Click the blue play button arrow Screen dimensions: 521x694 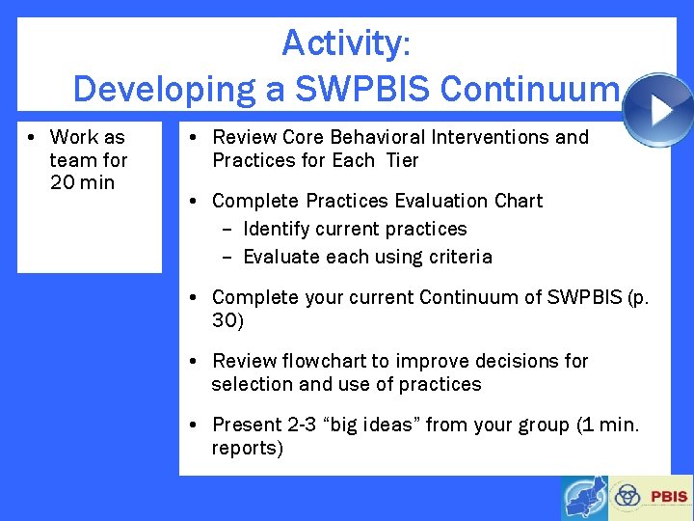click(x=658, y=110)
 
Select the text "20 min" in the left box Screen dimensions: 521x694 click(x=82, y=182)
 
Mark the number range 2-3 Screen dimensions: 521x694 click(x=300, y=425)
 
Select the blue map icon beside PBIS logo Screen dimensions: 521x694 click(x=585, y=498)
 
